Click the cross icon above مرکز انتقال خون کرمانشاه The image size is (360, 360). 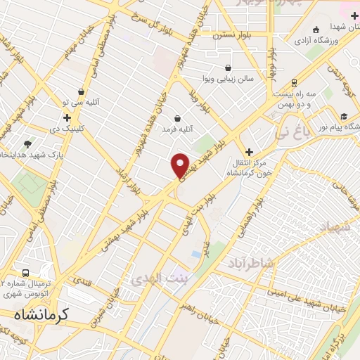(249, 151)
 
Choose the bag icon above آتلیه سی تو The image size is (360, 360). (82, 91)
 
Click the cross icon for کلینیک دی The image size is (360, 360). (67, 117)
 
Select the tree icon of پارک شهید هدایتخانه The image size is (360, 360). (28, 143)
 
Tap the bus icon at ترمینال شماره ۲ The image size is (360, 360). (26, 273)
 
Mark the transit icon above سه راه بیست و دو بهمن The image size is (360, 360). (294, 82)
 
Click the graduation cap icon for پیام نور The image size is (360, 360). (344, 117)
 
